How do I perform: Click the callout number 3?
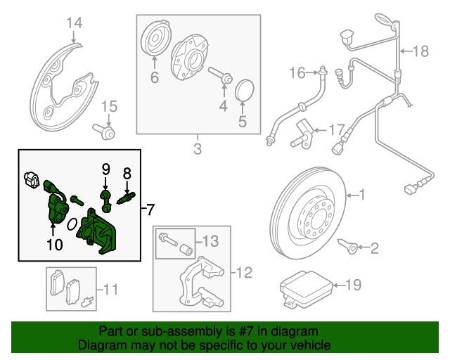(197, 148)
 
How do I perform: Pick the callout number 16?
(296, 72)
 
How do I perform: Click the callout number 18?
(420, 51)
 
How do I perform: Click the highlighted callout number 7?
(150, 209)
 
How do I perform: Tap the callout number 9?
(105, 169)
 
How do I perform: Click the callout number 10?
(54, 245)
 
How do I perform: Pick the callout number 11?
(110, 289)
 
